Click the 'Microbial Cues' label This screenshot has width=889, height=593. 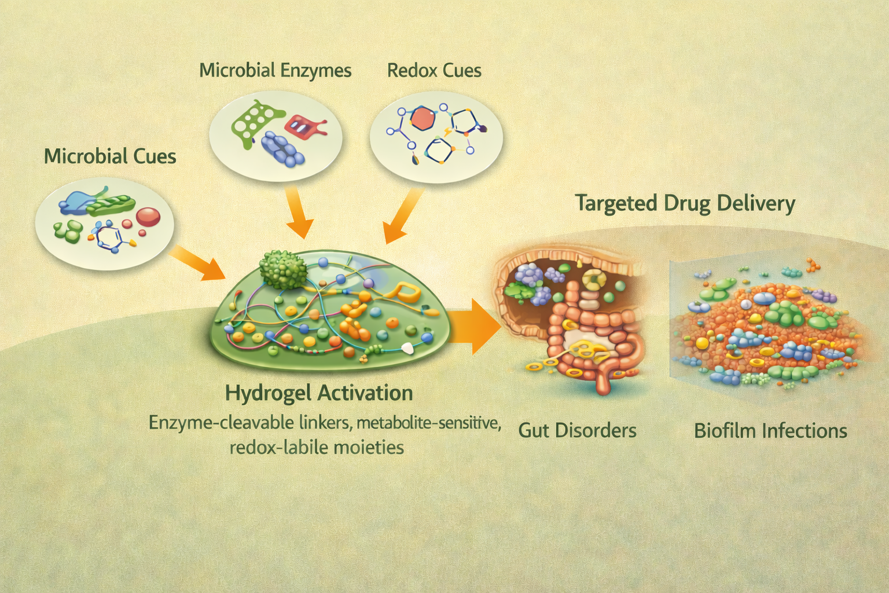pos(110,156)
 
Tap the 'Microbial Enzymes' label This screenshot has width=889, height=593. pos(275,71)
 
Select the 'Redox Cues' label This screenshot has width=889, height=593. pos(434,71)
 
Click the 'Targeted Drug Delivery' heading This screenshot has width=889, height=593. pos(685,204)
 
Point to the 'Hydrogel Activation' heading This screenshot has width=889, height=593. pos(319,393)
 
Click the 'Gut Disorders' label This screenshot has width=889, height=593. pos(577,430)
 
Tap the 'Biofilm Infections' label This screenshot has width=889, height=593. pos(770,431)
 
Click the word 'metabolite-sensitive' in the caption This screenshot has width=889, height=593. pos(428,423)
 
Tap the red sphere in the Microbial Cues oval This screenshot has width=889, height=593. pos(148,217)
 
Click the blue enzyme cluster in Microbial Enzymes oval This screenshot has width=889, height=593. pos(282,148)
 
